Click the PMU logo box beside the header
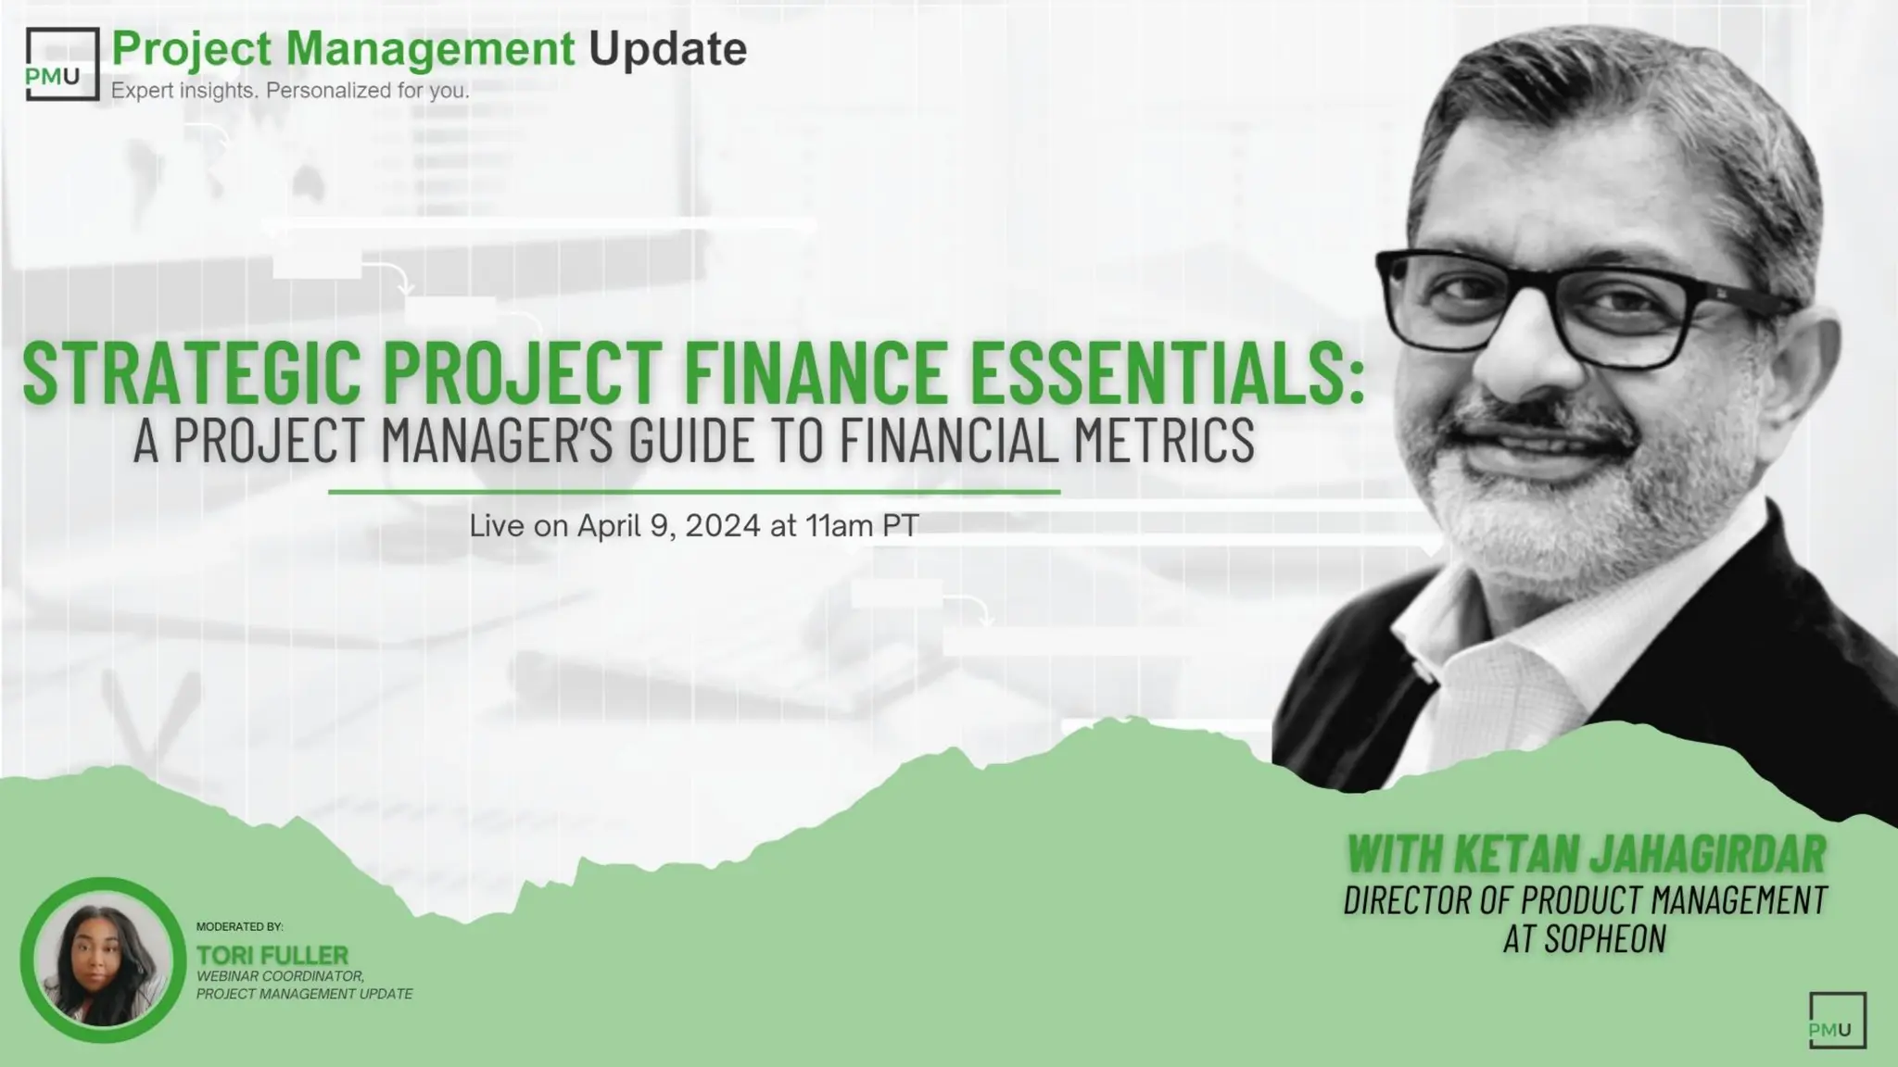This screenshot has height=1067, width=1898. (x=61, y=64)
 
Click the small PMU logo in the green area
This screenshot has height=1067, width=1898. (x=1836, y=1020)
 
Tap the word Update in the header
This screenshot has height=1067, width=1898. (x=667, y=48)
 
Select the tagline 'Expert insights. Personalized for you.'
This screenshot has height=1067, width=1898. (x=290, y=91)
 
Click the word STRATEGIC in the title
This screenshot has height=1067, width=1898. (x=191, y=373)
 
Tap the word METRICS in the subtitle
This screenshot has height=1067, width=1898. (x=1164, y=440)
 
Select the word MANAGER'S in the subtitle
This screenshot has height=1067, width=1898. (x=497, y=440)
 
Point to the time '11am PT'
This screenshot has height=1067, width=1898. (x=862, y=526)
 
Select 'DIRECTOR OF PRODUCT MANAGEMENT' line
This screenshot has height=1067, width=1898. (x=1585, y=900)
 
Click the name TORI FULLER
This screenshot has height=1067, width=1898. (x=272, y=955)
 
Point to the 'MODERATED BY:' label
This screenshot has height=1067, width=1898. (x=239, y=926)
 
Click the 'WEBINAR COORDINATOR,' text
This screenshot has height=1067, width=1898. (x=280, y=976)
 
